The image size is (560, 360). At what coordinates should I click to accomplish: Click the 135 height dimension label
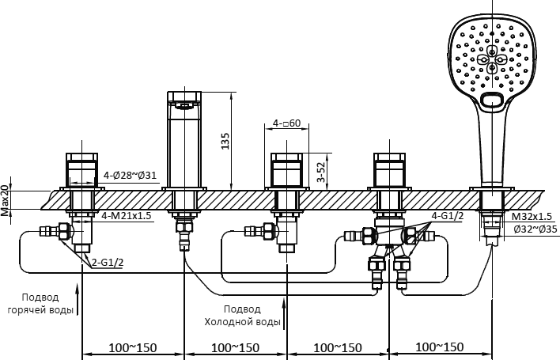225,141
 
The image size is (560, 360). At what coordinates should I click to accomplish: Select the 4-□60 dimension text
287,123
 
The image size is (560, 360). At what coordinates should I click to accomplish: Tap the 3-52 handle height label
321,172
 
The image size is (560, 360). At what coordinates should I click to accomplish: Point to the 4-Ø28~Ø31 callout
130,176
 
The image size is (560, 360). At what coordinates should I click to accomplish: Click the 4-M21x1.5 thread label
127,216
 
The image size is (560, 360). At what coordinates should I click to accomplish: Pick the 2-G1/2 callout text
108,263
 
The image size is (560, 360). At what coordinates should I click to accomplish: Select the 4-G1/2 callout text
448,216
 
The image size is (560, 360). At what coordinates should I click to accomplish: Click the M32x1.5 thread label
532,217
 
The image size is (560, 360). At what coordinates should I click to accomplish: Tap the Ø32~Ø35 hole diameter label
535,229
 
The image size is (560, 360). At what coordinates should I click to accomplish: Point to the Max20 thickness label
5,201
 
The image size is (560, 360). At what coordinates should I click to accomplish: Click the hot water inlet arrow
77,300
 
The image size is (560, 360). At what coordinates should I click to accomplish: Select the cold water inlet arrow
284,314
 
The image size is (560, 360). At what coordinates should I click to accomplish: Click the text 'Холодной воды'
242,322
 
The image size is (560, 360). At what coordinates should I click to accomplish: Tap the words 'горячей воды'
40,310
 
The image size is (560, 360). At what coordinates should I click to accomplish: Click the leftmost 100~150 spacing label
133,347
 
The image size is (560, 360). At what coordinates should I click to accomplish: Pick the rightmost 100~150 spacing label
440,347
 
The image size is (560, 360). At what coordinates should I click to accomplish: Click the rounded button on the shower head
492,100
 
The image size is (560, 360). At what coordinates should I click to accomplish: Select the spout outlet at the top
184,105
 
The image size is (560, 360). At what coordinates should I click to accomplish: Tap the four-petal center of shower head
492,59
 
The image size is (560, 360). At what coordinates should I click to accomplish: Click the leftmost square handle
82,170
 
